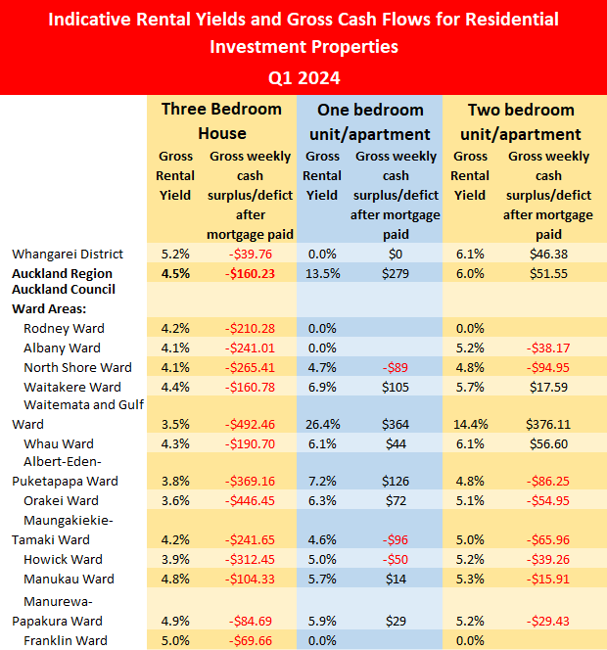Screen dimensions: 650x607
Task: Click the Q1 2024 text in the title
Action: (303, 76)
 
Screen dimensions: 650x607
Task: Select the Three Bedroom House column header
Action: (221, 120)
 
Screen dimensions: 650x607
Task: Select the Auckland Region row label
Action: (62, 273)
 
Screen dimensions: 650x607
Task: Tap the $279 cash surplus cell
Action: (396, 273)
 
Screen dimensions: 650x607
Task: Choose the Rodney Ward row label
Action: (64, 328)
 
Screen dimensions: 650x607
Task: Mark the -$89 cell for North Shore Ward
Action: (396, 367)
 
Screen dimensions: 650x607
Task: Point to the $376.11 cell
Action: (548, 425)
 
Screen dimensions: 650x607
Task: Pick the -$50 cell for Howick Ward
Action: (396, 559)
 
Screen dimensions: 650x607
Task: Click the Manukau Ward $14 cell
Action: (396, 579)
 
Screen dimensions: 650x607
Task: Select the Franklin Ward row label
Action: (66, 640)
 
